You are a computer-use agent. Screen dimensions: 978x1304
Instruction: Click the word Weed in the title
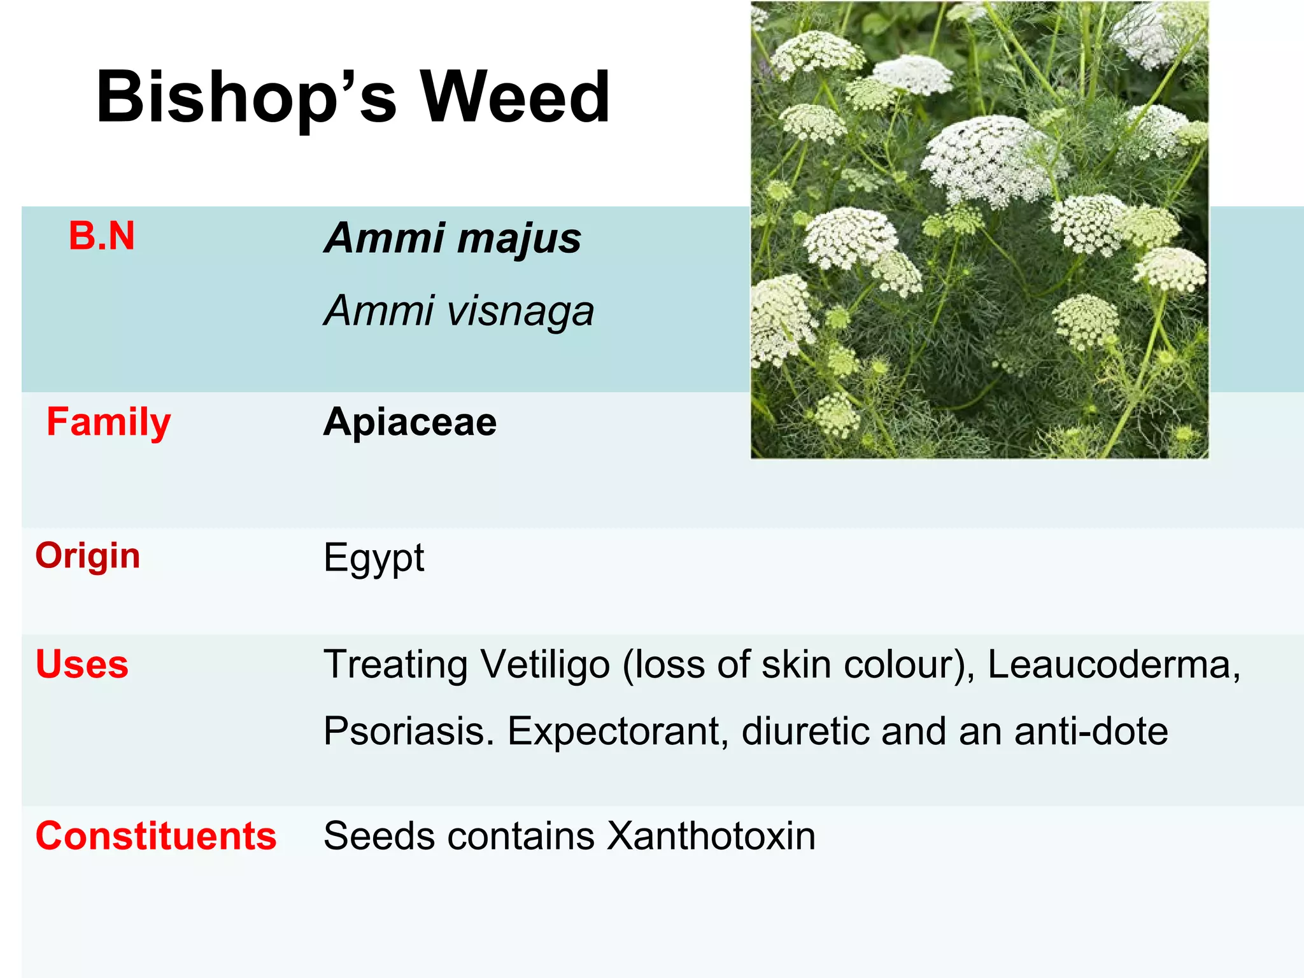(x=515, y=97)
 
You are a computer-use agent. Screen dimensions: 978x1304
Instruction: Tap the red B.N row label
(x=102, y=236)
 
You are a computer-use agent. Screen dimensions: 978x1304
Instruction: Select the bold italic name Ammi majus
(x=453, y=239)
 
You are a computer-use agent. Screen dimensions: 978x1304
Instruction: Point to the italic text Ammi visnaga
(x=458, y=311)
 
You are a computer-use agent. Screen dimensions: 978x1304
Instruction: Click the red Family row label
(x=109, y=423)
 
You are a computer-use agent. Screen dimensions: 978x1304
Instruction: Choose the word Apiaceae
(x=410, y=422)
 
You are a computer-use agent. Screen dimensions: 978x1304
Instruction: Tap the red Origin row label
(x=88, y=556)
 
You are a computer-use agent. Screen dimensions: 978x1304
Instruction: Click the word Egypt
(x=374, y=558)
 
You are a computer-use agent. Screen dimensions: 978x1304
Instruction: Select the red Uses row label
(x=82, y=665)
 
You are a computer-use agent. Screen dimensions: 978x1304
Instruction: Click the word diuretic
(x=805, y=731)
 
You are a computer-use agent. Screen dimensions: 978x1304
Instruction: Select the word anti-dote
(x=1091, y=731)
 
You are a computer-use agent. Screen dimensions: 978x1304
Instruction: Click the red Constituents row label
(x=156, y=836)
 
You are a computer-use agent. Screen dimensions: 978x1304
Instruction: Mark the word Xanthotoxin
(x=711, y=836)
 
